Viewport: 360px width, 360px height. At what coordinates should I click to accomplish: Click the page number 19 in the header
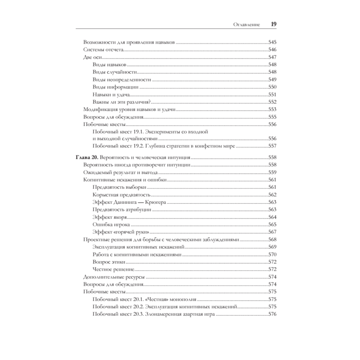coord(273,24)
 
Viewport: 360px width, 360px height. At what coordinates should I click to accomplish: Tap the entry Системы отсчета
coord(103,49)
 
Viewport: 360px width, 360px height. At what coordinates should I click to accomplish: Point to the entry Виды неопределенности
coord(121,79)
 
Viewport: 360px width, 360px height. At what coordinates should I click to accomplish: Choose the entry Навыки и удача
coord(111,94)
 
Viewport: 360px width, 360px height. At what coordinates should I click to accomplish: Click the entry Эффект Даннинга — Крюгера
coord(129,202)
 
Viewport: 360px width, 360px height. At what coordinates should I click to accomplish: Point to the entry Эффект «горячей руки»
coord(121,232)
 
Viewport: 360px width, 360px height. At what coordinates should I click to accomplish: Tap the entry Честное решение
coord(113,269)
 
